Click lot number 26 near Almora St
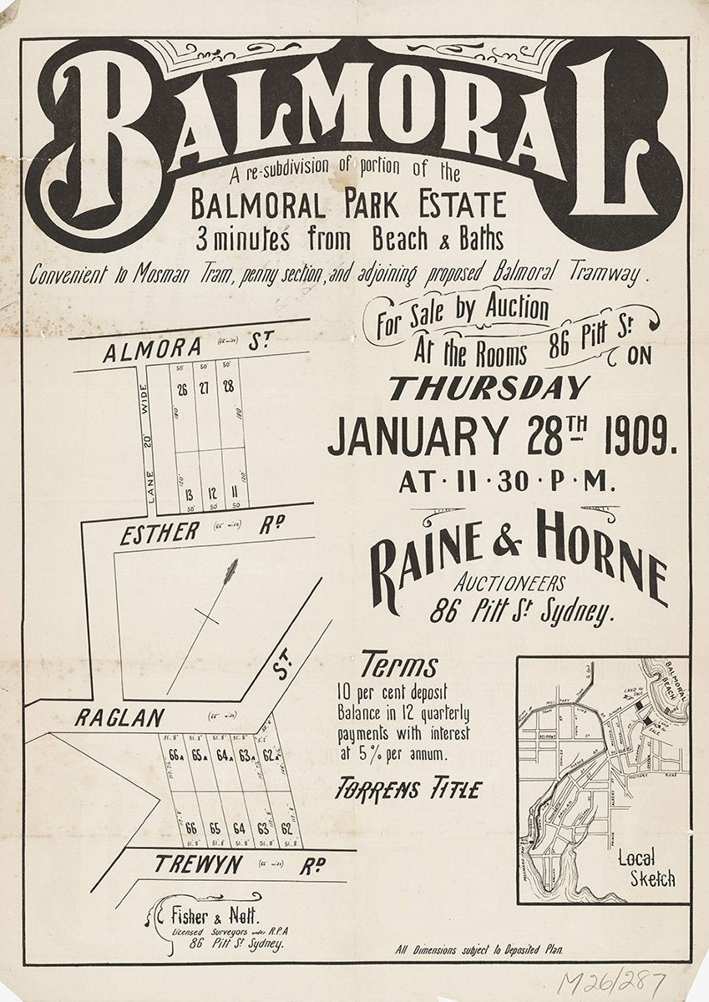click(x=182, y=387)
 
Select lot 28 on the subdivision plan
click(x=227, y=387)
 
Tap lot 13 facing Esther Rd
click(x=190, y=493)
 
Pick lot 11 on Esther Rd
click(x=235, y=493)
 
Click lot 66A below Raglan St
click(x=175, y=757)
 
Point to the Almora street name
click(x=152, y=352)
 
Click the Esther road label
click(x=160, y=532)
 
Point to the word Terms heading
click(x=398, y=666)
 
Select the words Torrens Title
click(x=408, y=788)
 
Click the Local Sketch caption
click(x=646, y=868)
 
